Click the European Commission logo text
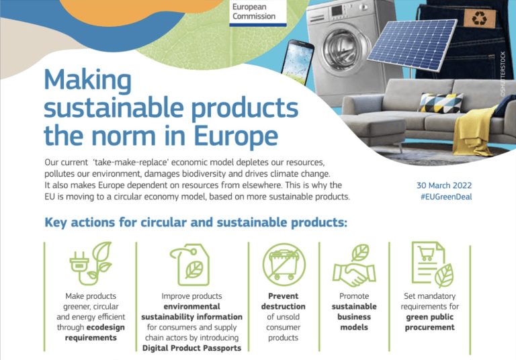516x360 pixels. (x=254, y=11)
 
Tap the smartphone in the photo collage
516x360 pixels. (x=298, y=62)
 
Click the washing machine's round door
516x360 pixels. (x=343, y=50)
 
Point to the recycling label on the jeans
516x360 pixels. (x=480, y=18)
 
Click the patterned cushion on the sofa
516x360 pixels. (x=441, y=103)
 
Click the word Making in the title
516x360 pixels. (x=87, y=81)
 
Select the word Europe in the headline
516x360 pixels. (x=236, y=136)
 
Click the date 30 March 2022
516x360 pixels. (x=444, y=185)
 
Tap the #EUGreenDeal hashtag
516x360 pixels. (x=446, y=197)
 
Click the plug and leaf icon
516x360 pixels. (x=91, y=263)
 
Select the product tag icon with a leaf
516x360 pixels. (x=190, y=265)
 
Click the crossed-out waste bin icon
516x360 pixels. (x=284, y=265)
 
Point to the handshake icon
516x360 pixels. (x=354, y=265)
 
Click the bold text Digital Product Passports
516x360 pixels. (x=192, y=348)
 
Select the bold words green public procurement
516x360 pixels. (x=430, y=322)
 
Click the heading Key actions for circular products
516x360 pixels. (x=196, y=222)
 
